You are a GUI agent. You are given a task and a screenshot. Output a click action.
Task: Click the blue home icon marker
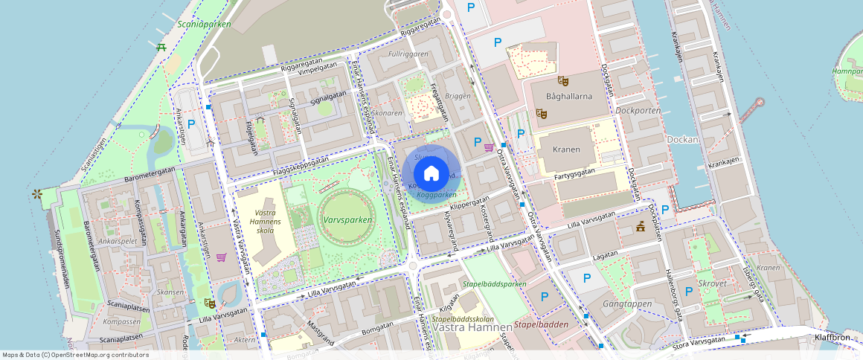[431, 173]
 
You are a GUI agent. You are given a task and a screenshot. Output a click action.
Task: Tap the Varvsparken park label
[347, 220]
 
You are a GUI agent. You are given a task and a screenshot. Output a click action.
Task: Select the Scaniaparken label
[205, 24]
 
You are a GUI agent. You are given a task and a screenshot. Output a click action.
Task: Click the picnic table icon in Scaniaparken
[161, 47]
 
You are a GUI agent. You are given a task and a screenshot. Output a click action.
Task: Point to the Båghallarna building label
[568, 96]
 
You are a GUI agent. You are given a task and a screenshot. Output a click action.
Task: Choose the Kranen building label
[566, 150]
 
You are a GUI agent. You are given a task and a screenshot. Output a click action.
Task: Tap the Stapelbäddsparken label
[494, 284]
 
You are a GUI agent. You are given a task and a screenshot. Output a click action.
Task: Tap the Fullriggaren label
[408, 54]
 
